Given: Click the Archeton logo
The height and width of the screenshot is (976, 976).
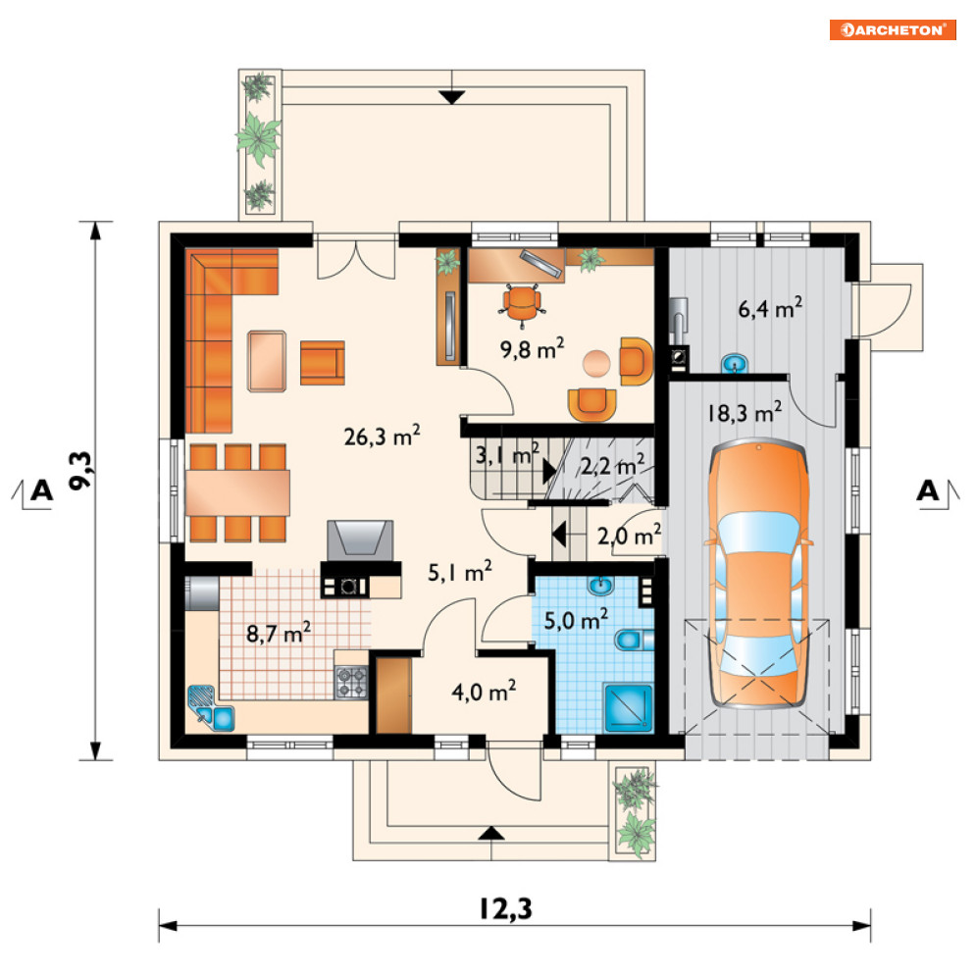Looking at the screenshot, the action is (893, 29).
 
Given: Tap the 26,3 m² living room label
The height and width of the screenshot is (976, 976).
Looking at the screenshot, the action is (382, 436).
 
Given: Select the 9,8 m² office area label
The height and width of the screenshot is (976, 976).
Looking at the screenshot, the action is (533, 348).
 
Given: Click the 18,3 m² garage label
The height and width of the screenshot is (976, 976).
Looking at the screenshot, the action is (745, 413).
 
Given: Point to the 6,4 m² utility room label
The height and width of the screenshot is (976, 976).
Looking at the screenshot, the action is (770, 307).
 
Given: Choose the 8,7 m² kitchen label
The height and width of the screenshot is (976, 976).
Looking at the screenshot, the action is (279, 633).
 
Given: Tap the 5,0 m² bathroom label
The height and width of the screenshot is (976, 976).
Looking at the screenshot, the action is (576, 620).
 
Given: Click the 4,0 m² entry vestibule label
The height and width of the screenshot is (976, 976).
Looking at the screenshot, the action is (484, 691).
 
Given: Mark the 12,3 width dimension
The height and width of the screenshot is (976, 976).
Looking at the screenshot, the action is (505, 908).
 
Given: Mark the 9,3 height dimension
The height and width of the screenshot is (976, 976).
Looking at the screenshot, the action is (80, 470).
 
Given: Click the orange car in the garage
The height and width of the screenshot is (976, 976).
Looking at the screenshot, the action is (758, 573).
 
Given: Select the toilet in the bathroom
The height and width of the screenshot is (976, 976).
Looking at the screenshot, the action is (634, 640).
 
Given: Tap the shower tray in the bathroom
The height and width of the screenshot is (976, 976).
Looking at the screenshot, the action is (628, 707).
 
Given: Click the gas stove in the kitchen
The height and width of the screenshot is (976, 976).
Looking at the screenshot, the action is (352, 682).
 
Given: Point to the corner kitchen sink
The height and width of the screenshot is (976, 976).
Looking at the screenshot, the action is (210, 708).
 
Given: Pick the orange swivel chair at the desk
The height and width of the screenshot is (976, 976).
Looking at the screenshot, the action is (522, 304).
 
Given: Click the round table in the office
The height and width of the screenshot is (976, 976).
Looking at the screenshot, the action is (596, 363).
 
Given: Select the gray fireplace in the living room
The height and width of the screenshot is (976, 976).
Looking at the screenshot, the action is (360, 540).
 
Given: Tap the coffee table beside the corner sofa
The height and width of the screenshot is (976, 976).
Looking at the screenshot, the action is (267, 361).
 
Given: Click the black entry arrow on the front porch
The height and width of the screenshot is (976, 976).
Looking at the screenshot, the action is (491, 833).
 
